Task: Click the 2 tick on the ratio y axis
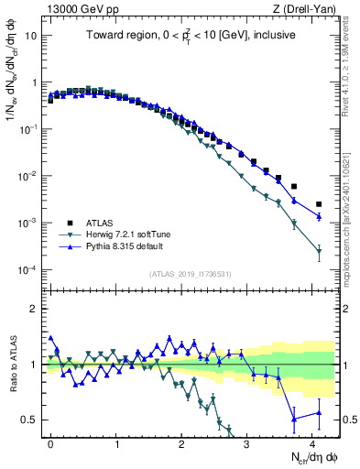click(36, 309)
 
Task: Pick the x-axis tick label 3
click(247, 442)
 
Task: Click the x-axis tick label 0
click(50, 442)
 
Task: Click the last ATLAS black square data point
click(319, 204)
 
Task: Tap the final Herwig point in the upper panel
click(319, 250)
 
